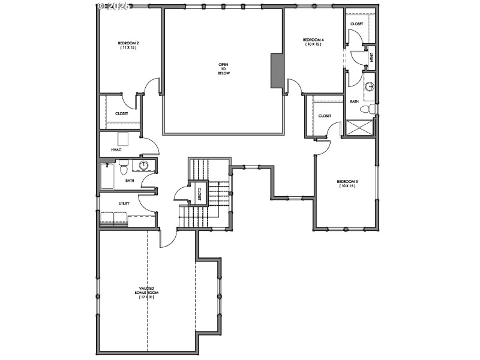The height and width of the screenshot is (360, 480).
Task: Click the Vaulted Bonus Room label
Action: click(x=147, y=293)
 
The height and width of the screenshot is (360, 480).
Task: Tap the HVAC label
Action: click(x=116, y=149)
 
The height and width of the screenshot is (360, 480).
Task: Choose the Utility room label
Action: click(x=124, y=203)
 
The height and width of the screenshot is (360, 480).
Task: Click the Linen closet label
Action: click(x=371, y=58)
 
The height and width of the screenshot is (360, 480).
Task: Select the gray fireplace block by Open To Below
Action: click(x=277, y=71)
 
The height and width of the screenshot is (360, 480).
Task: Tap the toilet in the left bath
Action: click(x=124, y=164)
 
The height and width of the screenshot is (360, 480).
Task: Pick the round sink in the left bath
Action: click(x=144, y=166)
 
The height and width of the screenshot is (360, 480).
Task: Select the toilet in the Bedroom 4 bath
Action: click(x=371, y=109)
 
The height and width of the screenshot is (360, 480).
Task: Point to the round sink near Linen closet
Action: click(x=370, y=87)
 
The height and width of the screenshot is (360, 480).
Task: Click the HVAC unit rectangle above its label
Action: click(x=123, y=139)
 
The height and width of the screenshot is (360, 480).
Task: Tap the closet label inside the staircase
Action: click(x=199, y=193)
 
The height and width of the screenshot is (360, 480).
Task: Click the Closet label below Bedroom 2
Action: click(x=122, y=113)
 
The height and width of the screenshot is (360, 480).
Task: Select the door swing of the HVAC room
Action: click(x=151, y=144)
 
